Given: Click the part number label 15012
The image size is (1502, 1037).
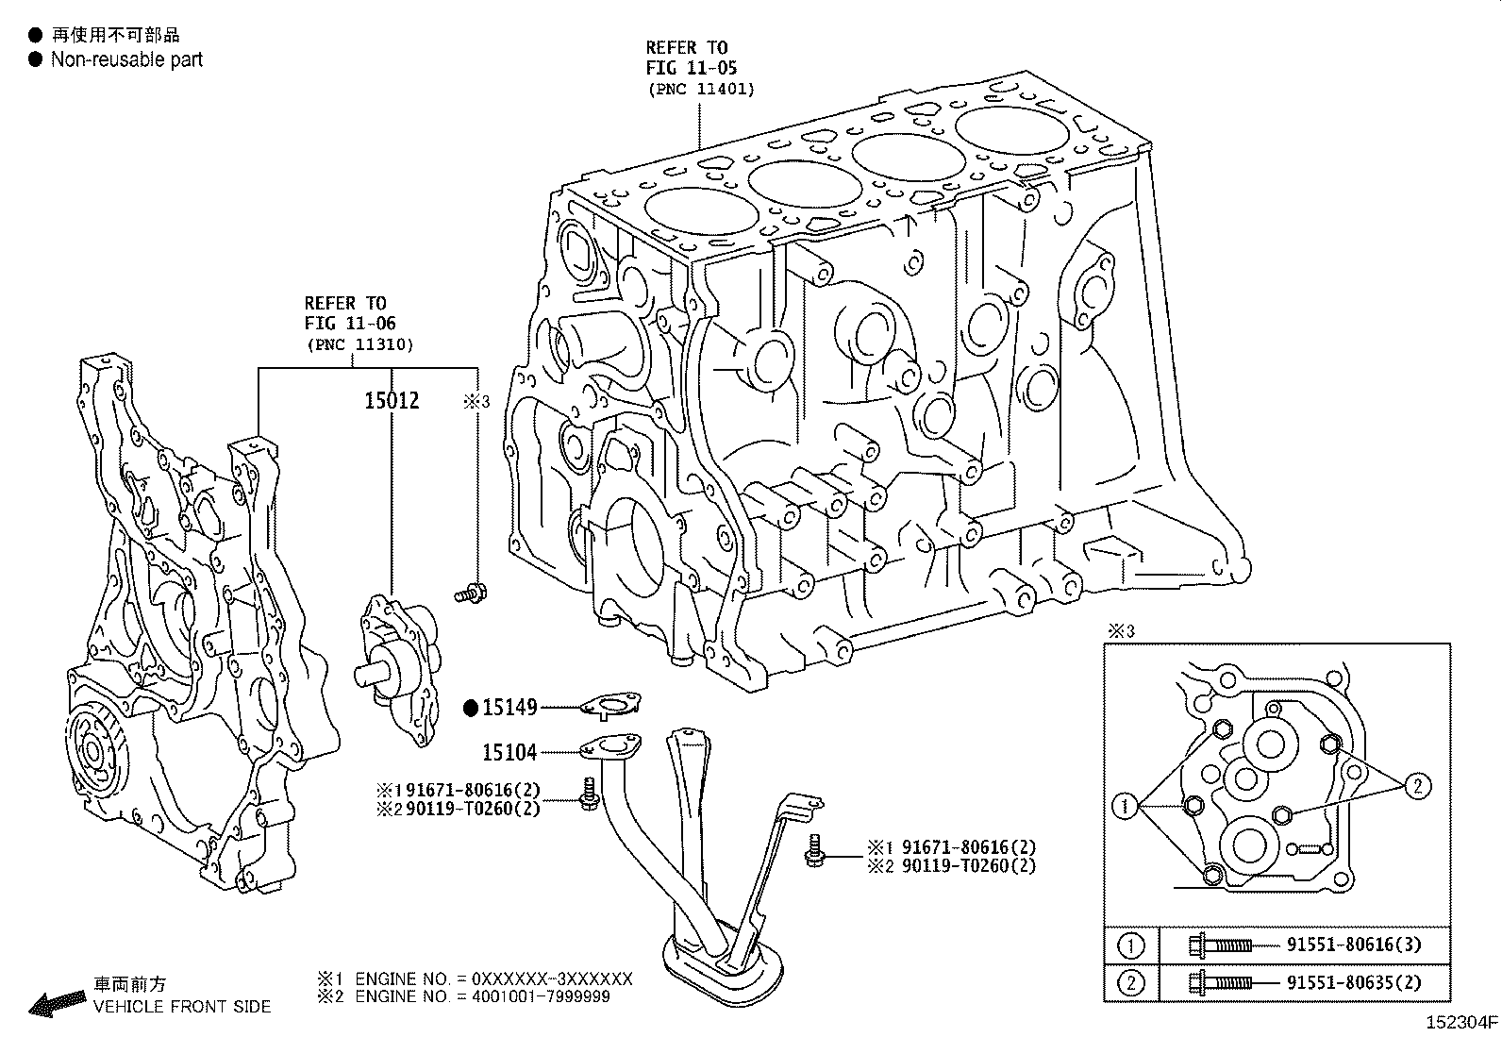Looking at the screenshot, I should [x=392, y=401].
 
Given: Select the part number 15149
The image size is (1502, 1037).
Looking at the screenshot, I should [x=509, y=707].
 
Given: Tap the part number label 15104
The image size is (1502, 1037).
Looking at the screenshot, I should [x=509, y=752].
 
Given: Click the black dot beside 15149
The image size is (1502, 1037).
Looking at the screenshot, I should [x=471, y=707].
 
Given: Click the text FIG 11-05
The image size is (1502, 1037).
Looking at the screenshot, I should [x=691, y=68].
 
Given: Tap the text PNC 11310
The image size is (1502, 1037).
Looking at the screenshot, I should [x=359, y=344].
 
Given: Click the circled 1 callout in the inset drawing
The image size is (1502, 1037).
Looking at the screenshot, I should [x=1124, y=806].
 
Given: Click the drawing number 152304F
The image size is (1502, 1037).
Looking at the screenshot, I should [x=1460, y=1021].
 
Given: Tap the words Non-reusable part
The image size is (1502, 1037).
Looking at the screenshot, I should [x=126, y=59].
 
